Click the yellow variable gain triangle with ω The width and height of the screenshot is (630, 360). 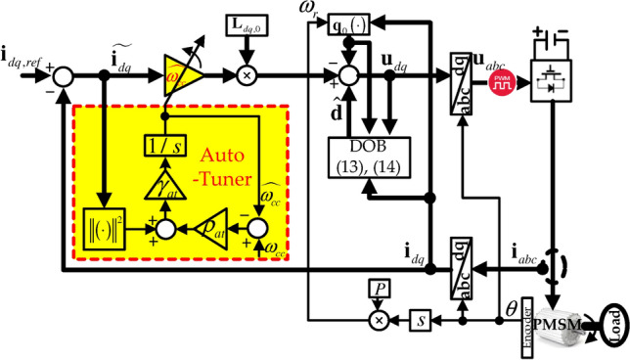[184, 72]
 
